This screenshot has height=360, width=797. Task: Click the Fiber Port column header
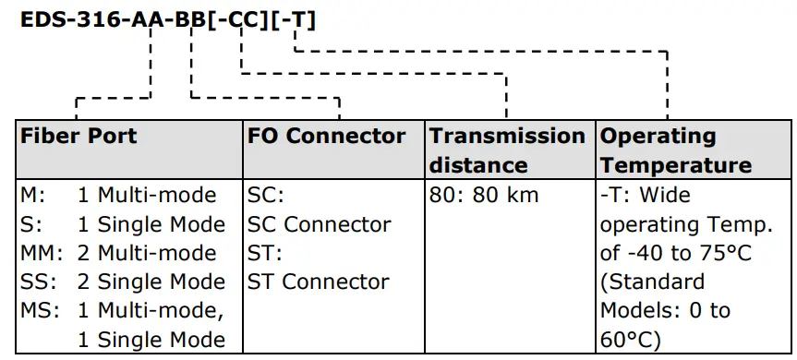point(78,137)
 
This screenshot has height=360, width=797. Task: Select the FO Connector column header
point(326,137)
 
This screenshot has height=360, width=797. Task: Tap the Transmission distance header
point(507,150)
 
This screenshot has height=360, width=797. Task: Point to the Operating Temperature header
point(676,150)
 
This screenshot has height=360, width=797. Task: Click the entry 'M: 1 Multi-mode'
point(118,196)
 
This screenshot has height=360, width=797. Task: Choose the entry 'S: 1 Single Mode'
point(123,224)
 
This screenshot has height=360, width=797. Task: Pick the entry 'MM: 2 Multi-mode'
point(118,253)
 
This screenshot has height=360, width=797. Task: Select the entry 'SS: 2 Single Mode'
point(123,282)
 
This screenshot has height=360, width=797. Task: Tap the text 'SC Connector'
point(319,224)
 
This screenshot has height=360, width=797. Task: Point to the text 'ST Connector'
point(319,282)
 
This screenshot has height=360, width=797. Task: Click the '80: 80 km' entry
point(484,196)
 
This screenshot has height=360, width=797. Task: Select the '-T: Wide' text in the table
point(645,196)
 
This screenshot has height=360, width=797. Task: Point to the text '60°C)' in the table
point(631,339)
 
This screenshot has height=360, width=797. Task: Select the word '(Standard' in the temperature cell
point(652,282)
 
